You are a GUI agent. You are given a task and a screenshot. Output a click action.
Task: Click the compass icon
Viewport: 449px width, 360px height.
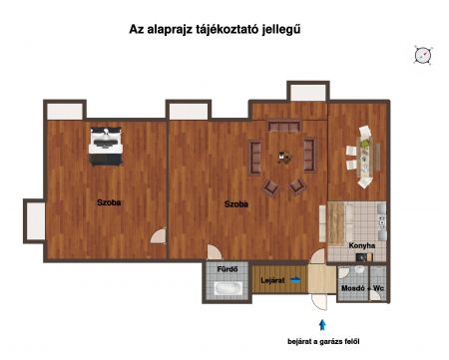423,55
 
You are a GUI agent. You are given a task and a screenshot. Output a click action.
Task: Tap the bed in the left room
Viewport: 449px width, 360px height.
106,147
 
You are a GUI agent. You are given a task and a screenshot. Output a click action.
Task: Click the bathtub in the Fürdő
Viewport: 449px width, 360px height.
227,288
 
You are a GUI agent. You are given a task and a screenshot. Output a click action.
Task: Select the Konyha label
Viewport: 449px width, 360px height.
362,245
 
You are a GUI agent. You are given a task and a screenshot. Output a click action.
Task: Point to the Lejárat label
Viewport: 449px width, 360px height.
272,280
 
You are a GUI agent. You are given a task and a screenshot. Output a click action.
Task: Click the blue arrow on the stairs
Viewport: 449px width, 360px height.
295,280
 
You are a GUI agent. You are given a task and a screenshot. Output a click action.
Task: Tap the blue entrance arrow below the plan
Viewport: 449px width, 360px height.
322,325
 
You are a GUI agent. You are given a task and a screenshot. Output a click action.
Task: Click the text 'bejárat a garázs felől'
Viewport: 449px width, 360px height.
323,341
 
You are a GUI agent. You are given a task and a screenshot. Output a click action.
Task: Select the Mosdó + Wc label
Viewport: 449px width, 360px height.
362,288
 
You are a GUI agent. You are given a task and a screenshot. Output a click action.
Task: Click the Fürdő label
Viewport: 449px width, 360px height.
227,269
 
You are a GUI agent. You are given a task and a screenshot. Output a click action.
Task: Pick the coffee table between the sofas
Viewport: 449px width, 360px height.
284,158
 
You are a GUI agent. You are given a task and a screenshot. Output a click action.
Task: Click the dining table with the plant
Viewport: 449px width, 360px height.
365,157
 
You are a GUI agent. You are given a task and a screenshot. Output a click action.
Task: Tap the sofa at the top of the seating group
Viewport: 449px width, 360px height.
284,127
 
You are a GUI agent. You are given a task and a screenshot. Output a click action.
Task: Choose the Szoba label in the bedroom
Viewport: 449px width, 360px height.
109,202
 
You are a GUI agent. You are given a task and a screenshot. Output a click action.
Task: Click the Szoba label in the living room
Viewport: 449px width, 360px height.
236,204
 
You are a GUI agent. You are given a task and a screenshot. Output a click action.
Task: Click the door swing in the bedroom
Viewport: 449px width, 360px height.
159,235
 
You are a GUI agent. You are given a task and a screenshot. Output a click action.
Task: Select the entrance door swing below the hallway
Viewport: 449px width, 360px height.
319,302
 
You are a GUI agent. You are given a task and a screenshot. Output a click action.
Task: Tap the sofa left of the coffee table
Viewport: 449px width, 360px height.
255,158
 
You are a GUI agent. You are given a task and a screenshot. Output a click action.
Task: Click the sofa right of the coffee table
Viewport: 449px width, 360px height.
309,156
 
